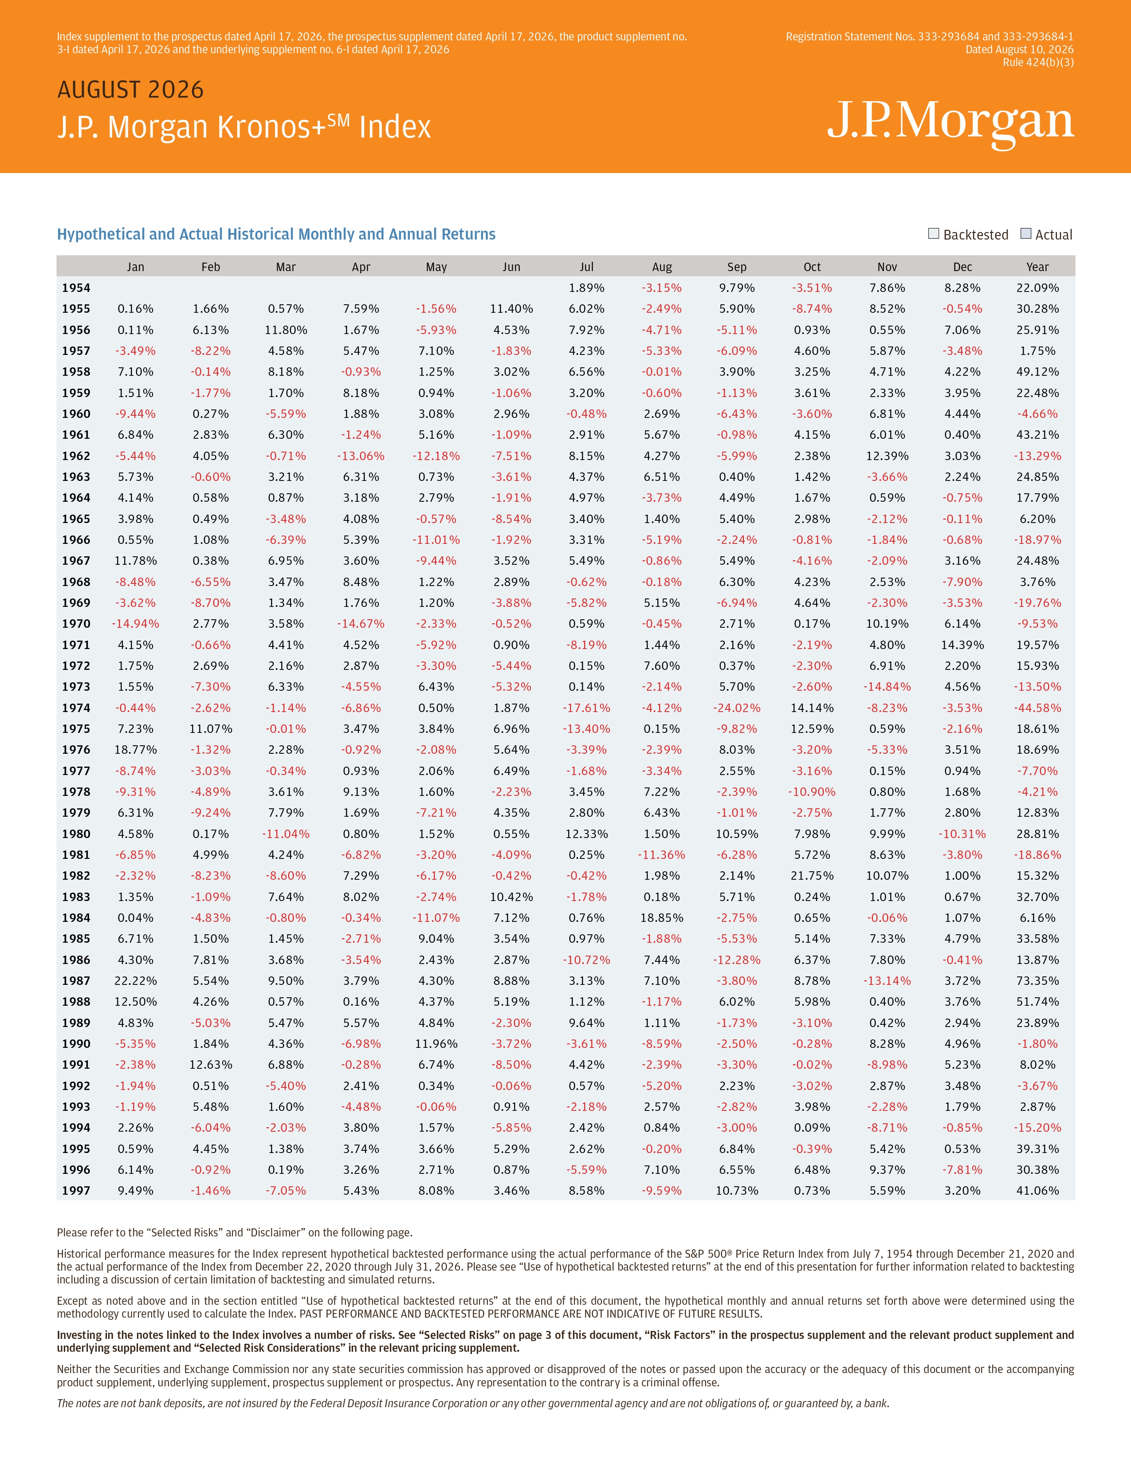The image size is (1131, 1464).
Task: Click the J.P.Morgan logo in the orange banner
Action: point(950,122)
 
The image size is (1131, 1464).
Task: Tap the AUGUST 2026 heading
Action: point(131,90)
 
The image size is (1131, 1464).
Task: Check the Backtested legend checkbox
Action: point(933,233)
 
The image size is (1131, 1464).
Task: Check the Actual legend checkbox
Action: point(1025,233)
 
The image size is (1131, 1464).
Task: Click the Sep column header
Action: point(737,267)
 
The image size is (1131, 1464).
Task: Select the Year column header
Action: point(1037,267)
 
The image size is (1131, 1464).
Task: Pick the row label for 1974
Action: point(76,708)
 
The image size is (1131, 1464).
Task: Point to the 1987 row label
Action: point(76,981)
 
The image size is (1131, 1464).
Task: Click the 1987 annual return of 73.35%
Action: point(1037,981)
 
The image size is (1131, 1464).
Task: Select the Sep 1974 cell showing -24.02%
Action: point(737,708)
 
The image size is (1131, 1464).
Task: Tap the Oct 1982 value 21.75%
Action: point(812,875)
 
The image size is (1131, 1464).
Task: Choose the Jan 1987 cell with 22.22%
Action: point(135,981)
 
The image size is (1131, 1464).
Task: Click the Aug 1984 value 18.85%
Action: point(662,918)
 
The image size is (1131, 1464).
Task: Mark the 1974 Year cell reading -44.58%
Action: point(1037,708)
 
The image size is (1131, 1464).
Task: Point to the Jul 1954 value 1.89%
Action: point(586,287)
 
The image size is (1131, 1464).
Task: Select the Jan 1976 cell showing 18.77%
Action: point(135,749)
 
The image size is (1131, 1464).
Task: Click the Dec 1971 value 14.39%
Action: point(962,645)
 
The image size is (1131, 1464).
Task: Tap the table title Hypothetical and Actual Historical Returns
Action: point(276,234)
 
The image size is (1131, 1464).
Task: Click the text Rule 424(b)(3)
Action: point(1038,63)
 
